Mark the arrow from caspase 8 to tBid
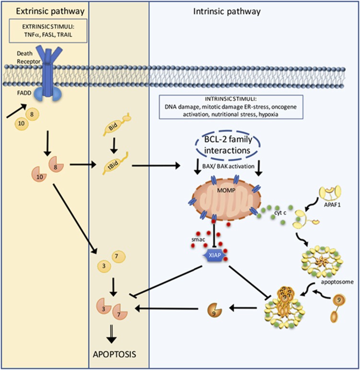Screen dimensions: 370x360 point(83,166)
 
